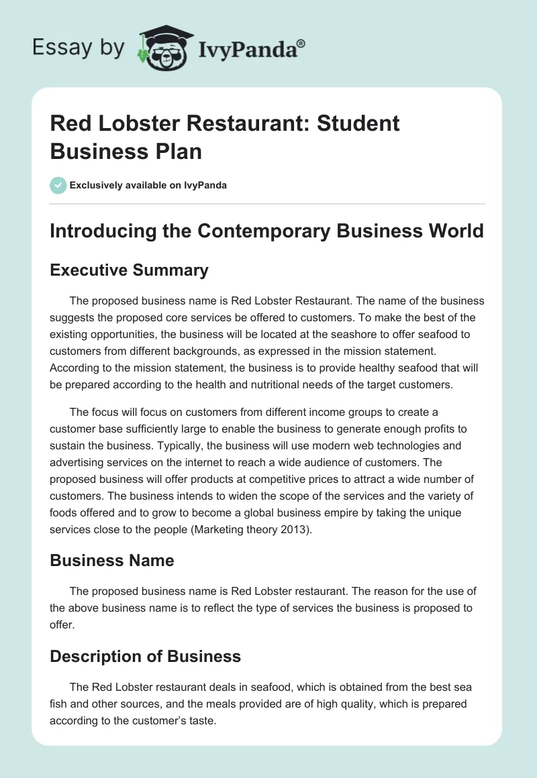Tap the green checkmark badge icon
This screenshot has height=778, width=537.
click(58, 185)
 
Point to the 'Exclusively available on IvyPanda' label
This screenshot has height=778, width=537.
click(149, 185)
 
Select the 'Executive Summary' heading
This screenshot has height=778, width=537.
click(129, 270)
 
